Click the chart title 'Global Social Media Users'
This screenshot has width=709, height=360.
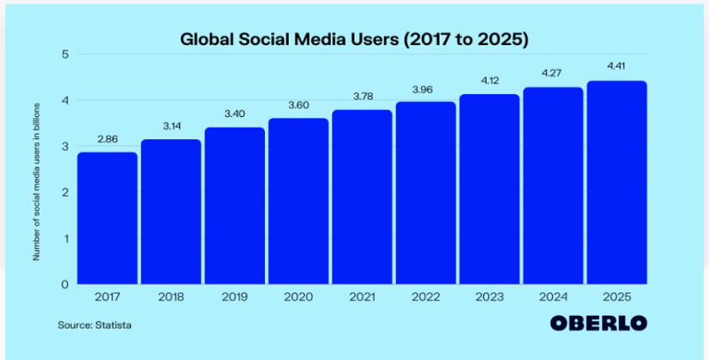tap(354, 39)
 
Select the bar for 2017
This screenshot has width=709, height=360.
tap(107, 217)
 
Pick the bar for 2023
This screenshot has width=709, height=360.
tap(490, 189)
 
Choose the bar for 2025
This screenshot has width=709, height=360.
tap(617, 182)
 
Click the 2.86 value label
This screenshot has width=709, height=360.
tap(107, 141)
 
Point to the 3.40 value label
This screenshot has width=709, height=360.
tap(235, 116)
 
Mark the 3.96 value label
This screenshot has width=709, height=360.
tap(426, 90)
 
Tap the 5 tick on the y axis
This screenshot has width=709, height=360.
tap(66, 54)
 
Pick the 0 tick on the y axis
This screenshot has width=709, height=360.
tap(66, 285)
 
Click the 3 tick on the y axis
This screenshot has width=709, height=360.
tap(66, 146)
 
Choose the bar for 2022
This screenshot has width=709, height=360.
tap(426, 192)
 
